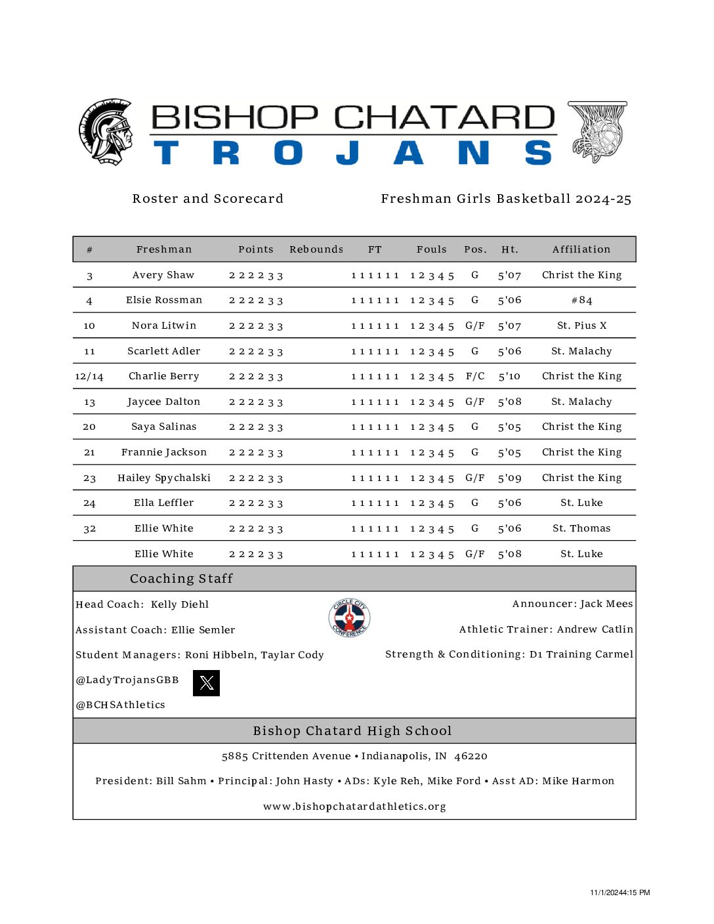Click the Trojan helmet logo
(x=105, y=132)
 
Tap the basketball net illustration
(x=597, y=131)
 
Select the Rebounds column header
(x=316, y=249)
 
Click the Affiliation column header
(x=581, y=249)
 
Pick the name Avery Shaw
(x=163, y=275)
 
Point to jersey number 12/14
(x=89, y=377)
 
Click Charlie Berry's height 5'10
(x=509, y=377)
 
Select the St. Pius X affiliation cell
(x=581, y=325)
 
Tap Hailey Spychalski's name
(x=164, y=478)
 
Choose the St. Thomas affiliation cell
(x=581, y=528)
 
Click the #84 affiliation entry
(x=581, y=301)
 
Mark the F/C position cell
(x=475, y=377)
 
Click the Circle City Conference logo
(x=349, y=618)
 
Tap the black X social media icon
(x=206, y=683)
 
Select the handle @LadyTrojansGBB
(x=127, y=680)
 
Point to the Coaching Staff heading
(x=181, y=579)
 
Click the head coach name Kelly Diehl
(x=180, y=604)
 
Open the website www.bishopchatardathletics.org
(x=354, y=807)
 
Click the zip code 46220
(x=471, y=756)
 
